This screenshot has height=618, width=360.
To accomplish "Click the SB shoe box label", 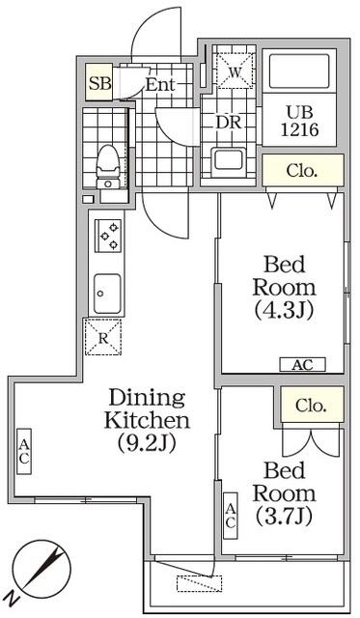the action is [x=99, y=83].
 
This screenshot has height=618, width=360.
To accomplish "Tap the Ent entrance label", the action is [x=160, y=84].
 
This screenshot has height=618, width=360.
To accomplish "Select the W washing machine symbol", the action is [x=235, y=70].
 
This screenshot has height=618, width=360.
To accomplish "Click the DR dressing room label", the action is [x=229, y=123].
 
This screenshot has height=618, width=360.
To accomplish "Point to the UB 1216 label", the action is [x=299, y=121].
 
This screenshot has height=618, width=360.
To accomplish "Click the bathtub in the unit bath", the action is [x=299, y=70].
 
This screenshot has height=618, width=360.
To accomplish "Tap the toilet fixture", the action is [x=108, y=166].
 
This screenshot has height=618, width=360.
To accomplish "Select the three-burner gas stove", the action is [x=108, y=236].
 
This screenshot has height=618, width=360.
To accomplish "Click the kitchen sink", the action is [x=107, y=294].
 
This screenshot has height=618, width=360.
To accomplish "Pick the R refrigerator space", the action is [x=103, y=337].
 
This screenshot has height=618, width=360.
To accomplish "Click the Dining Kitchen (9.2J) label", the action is [x=147, y=420].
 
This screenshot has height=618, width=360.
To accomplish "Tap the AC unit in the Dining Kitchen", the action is [x=24, y=452].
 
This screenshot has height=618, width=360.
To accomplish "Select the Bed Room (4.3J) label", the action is [x=285, y=288].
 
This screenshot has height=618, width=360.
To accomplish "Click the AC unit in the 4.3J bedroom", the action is [x=302, y=365].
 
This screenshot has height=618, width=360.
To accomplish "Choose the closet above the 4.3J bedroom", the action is [x=303, y=170].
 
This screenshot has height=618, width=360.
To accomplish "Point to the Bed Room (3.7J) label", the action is [x=285, y=493].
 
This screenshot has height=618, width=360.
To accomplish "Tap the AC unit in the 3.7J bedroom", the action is [x=231, y=516].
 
